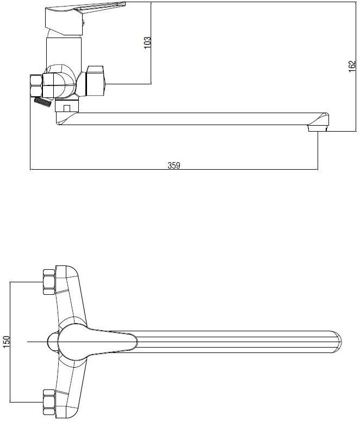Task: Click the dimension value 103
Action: [x=147, y=42]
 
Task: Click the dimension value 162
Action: [x=352, y=66]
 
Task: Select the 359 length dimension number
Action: [x=174, y=165]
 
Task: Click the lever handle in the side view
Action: [x=85, y=18]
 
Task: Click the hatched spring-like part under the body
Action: [x=42, y=102]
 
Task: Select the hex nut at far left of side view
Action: [x=36, y=86]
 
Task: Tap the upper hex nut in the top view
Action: [x=49, y=282]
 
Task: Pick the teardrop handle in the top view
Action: [x=97, y=342]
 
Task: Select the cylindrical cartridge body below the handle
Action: [x=64, y=51]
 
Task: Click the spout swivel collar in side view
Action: [x=67, y=106]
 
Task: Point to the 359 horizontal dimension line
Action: [x=174, y=169]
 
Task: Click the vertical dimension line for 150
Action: [x=10, y=342]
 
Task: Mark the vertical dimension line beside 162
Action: [x=356, y=66]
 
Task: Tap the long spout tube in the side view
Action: [x=188, y=119]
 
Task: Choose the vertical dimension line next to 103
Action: [x=151, y=43]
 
